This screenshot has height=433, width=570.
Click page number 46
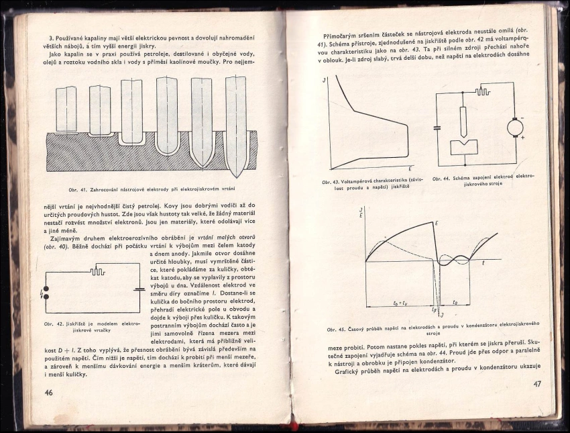coord(48,392)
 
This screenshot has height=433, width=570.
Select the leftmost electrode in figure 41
coord(66,109)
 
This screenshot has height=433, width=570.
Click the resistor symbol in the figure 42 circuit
coord(99,271)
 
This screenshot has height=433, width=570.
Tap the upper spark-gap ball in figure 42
coord(46,291)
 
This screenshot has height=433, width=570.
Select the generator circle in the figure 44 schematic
coord(516,126)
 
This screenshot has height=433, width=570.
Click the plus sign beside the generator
coord(522,137)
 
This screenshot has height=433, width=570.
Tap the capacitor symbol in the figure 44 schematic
coord(437,126)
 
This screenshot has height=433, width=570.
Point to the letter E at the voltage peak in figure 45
coord(437,222)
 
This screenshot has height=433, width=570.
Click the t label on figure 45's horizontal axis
coord(483,264)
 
